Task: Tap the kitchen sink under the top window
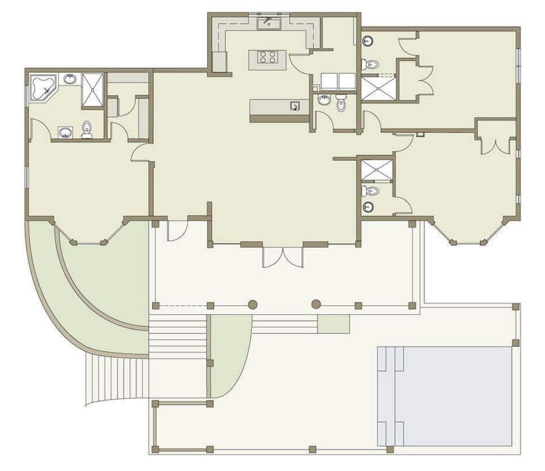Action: [268, 23]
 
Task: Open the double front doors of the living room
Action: [282, 256]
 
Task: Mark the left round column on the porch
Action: [253, 305]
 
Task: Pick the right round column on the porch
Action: [316, 305]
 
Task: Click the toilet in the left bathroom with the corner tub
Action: [87, 130]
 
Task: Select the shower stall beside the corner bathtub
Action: [93, 90]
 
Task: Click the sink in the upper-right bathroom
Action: [368, 41]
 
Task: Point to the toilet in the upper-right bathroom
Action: [370, 64]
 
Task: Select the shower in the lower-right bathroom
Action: [376, 170]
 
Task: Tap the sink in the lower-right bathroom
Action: [368, 206]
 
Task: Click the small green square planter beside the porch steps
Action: [333, 324]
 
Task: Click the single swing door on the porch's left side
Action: [175, 231]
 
